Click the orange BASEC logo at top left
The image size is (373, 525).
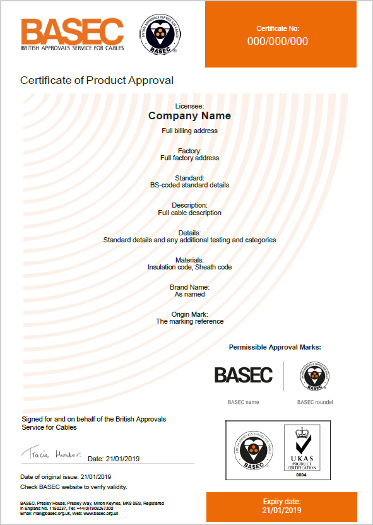click(72, 34)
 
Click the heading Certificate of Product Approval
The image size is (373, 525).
click(97, 80)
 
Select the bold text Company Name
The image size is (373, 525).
click(189, 116)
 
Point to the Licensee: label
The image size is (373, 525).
click(189, 106)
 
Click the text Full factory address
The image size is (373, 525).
click(189, 158)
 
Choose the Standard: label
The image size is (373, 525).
click(189, 178)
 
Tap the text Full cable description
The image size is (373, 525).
click(189, 213)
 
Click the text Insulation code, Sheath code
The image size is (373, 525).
click(189, 267)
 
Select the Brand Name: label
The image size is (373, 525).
click(189, 287)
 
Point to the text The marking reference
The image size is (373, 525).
click(189, 321)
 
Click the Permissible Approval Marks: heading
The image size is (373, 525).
click(275, 347)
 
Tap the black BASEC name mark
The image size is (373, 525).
click(243, 375)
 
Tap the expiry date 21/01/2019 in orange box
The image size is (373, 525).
click(281, 510)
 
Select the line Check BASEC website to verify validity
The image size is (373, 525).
click(74, 487)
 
